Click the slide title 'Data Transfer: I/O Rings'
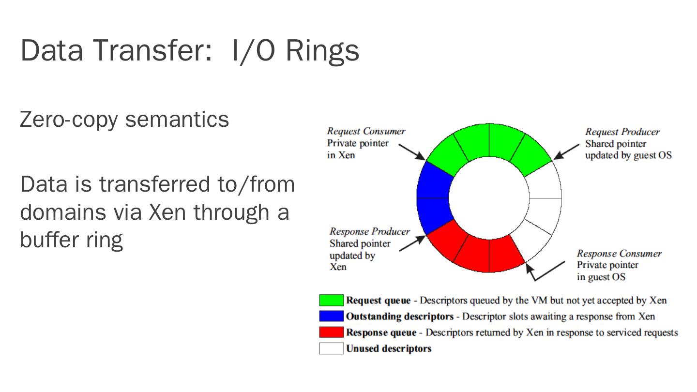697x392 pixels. tap(189, 50)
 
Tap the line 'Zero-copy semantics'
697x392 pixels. tap(124, 119)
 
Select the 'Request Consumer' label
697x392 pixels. tap(366, 131)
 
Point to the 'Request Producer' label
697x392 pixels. tap(622, 132)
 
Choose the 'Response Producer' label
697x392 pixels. tap(369, 232)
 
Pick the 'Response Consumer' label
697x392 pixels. tap(619, 254)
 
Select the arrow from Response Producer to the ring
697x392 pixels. tap(412, 243)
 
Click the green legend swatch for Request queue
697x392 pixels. tap(331, 301)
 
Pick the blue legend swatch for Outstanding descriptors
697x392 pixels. tap(331, 317)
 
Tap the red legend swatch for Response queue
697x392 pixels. tap(331, 332)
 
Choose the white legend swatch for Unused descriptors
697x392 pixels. tap(331, 348)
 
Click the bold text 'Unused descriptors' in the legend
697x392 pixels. tap(388, 348)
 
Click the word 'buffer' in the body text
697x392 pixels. tap(51, 240)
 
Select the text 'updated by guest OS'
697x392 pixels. tap(628, 155)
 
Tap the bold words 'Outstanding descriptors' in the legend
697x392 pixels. tap(399, 317)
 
